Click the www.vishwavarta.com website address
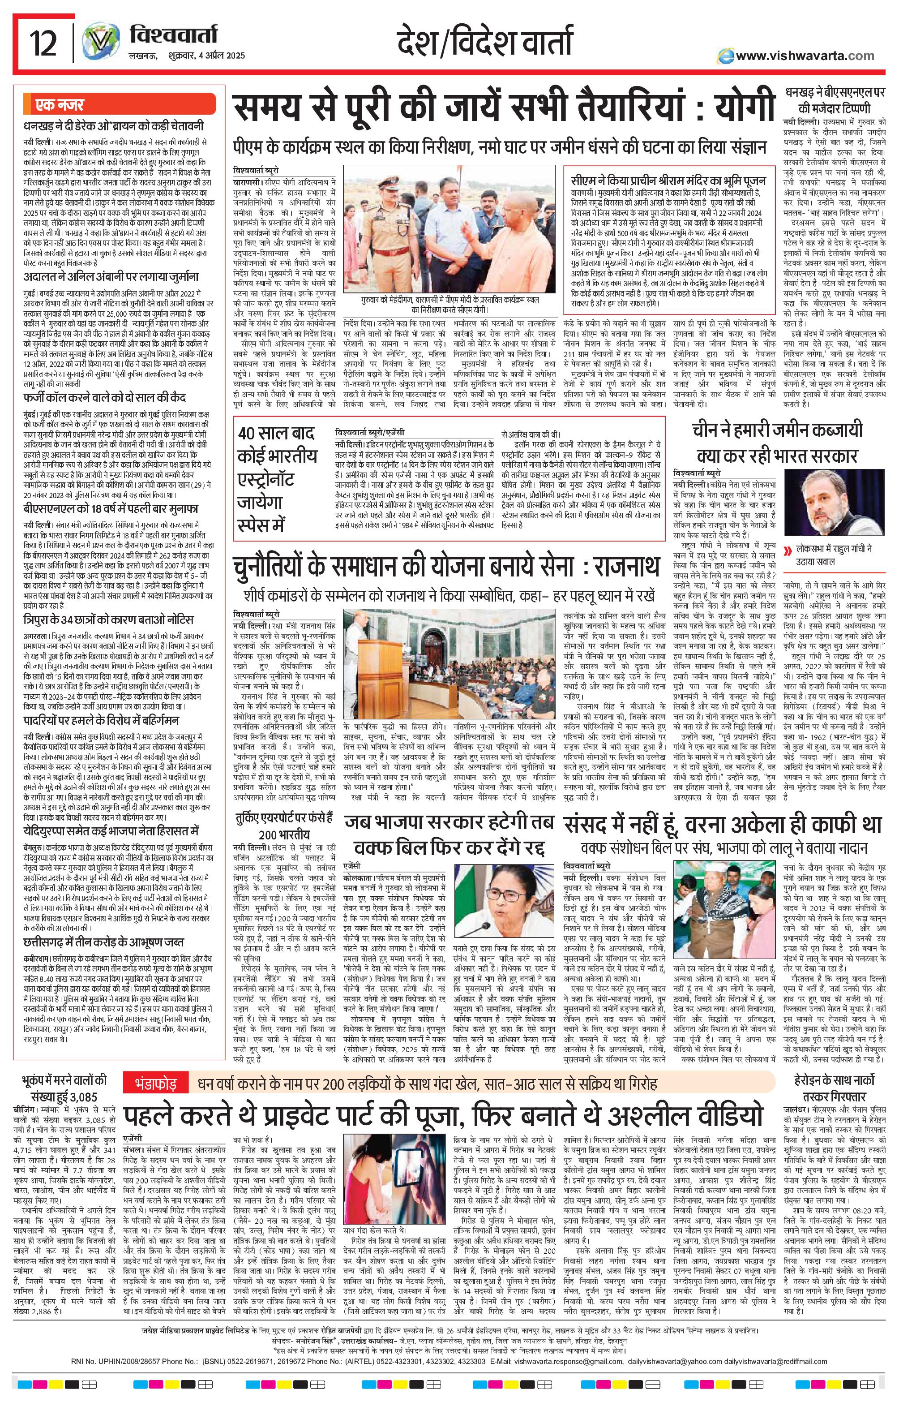(805, 56)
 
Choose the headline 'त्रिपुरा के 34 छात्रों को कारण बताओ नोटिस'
(109, 619)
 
